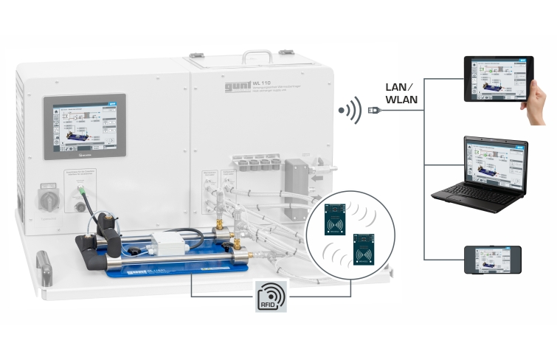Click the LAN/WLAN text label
click(401, 91)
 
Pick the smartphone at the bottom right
click(492, 260)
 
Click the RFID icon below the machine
click(270, 297)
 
